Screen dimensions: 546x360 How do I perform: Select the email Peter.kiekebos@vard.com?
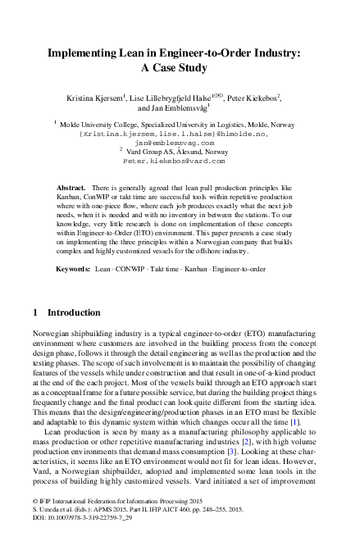coord(180,162)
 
